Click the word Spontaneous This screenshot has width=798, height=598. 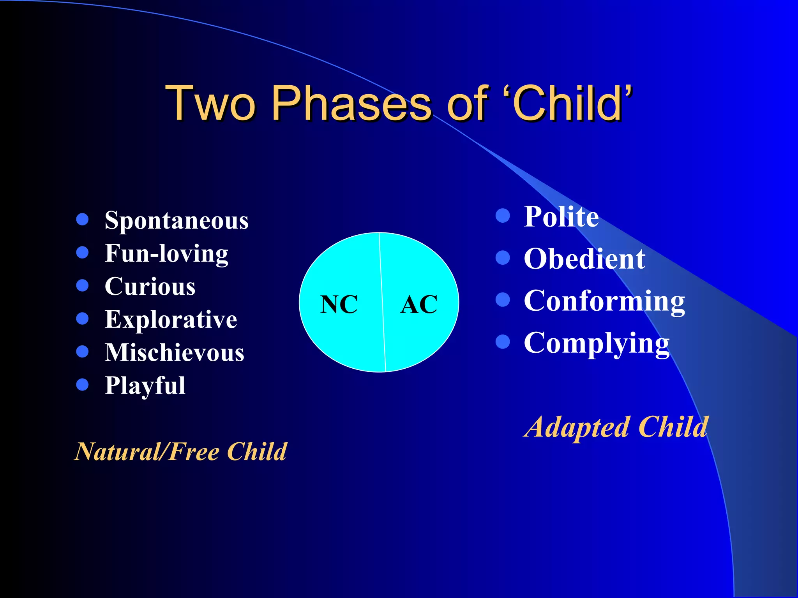click(x=176, y=221)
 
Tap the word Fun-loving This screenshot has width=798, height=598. click(x=166, y=254)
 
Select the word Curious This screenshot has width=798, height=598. click(x=150, y=287)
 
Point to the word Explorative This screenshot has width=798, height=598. click(x=171, y=320)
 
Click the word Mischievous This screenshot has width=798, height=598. click(x=174, y=353)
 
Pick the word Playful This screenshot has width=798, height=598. click(x=145, y=386)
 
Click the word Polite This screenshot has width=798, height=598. click(x=561, y=216)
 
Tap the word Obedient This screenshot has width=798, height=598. click(x=584, y=259)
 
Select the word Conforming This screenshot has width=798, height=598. click(x=604, y=301)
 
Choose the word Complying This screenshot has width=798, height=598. click(x=597, y=343)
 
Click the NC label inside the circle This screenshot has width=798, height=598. click(x=339, y=304)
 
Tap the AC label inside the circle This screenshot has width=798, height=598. click(x=419, y=304)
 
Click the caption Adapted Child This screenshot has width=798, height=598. click(x=616, y=427)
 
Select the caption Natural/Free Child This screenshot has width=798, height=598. click(x=180, y=452)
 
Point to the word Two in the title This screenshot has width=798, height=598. click(x=210, y=103)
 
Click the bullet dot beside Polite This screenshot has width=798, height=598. click(x=503, y=216)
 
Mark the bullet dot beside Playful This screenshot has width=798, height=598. click(x=83, y=385)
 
